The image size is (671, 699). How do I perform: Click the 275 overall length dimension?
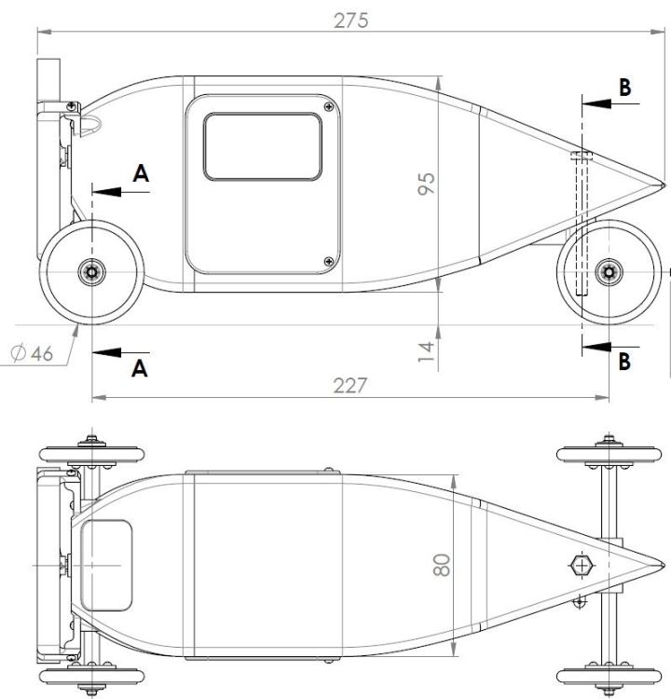click(x=351, y=21)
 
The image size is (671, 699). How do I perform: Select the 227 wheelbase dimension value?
click(x=350, y=386)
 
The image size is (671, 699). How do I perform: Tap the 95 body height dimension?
click(x=426, y=184)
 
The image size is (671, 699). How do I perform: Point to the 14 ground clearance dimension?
click(x=426, y=351)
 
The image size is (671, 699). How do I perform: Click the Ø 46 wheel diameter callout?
click(x=32, y=353)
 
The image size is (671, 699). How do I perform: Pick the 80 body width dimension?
click(x=442, y=565)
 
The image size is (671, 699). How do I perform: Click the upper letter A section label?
click(x=141, y=173)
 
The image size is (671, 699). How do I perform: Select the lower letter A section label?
click(x=140, y=369)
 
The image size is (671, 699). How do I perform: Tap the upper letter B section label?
click(x=625, y=88)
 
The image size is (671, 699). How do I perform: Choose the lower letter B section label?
click(x=624, y=361)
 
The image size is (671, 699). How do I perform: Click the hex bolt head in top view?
click(x=582, y=566)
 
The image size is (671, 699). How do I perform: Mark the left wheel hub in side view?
click(x=92, y=271)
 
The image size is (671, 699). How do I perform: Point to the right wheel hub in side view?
click(x=609, y=271)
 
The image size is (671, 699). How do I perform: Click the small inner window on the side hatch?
click(x=263, y=146)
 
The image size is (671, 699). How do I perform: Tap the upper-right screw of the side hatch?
click(x=329, y=106)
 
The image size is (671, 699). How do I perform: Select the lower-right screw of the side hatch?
click(x=329, y=261)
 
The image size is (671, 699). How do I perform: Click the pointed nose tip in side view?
click(x=664, y=185)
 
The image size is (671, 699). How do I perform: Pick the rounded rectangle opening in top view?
click(x=106, y=566)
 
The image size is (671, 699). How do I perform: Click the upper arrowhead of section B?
click(x=596, y=103)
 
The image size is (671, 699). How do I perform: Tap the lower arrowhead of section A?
click(x=106, y=352)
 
